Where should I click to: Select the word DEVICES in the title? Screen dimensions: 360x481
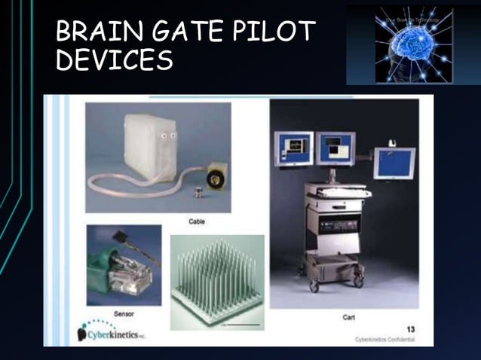(115, 60)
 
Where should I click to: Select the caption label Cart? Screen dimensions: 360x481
(348, 318)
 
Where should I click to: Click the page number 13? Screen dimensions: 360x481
(411, 328)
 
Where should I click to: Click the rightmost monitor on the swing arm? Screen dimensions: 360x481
(394, 163)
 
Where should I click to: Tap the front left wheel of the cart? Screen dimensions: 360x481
(314, 286)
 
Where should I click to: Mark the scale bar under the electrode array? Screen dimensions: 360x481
(242, 325)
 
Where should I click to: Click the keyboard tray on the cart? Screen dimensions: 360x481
(342, 191)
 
